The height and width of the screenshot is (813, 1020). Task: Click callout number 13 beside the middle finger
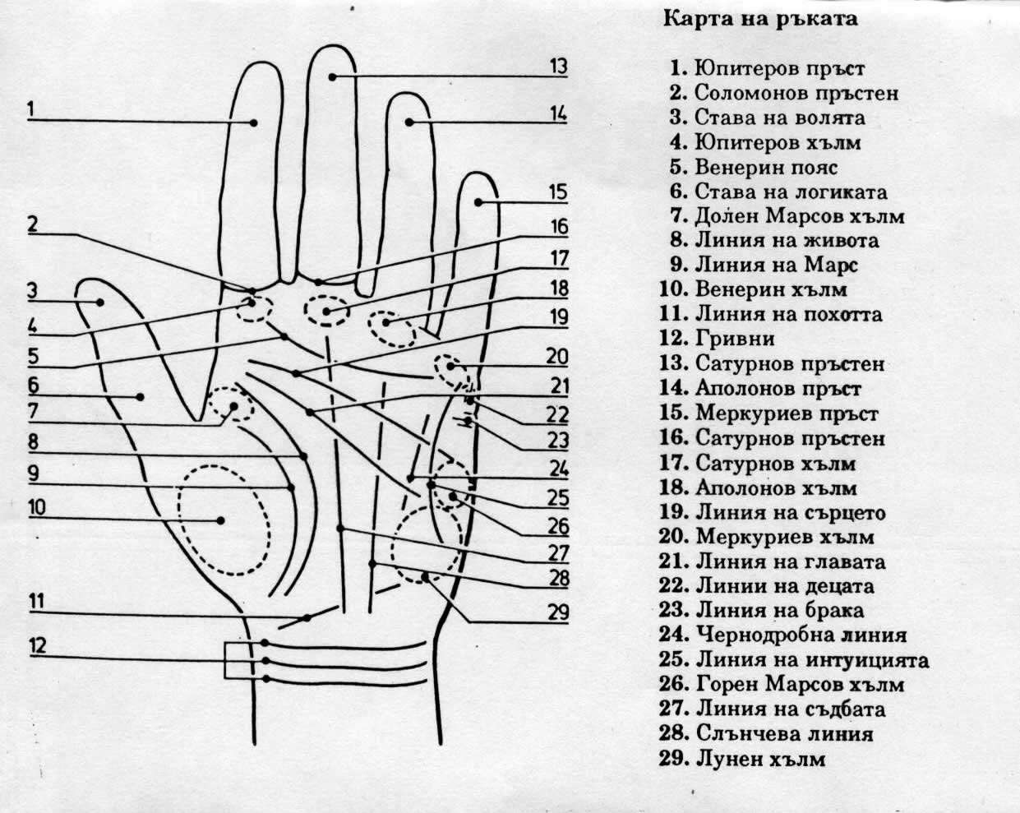pyautogui.click(x=558, y=67)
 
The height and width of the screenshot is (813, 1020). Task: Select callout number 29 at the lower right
pyautogui.click(x=560, y=612)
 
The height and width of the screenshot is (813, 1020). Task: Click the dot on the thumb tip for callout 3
pyautogui.click(x=100, y=302)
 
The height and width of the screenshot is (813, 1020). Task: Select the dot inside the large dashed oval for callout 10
pyautogui.click(x=221, y=520)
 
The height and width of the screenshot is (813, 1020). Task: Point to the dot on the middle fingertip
pyautogui.click(x=332, y=76)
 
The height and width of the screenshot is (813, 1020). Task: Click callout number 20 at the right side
pyautogui.click(x=558, y=357)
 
